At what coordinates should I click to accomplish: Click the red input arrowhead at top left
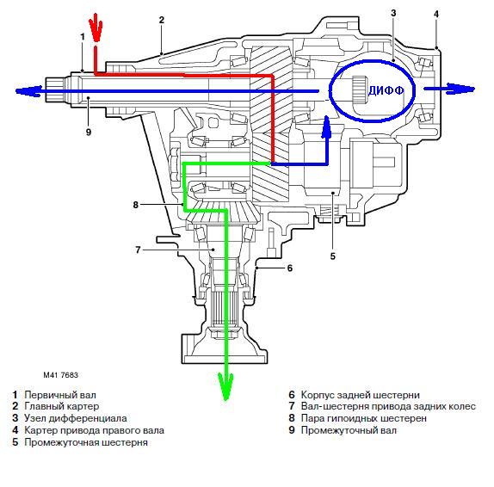(96, 28)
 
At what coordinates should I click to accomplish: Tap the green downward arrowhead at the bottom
(225, 385)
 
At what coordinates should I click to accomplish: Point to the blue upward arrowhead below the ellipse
(327, 126)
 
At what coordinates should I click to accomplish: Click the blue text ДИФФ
(386, 90)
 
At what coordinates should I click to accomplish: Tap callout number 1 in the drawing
(83, 37)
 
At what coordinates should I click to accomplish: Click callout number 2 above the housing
(162, 20)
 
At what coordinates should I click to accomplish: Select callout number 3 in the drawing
(393, 13)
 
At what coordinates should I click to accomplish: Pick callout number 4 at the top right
(436, 14)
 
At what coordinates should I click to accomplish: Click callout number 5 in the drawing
(333, 256)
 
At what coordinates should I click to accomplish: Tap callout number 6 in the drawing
(290, 268)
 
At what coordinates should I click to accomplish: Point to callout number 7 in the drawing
(138, 250)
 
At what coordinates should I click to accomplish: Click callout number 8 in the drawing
(135, 205)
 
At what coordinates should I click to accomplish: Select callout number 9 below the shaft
(89, 132)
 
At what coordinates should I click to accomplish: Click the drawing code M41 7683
(61, 375)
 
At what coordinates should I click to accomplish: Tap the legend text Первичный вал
(60, 395)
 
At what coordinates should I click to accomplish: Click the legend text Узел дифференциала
(76, 418)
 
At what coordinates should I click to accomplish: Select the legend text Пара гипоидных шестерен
(364, 418)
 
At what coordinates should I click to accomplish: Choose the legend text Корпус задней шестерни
(361, 395)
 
